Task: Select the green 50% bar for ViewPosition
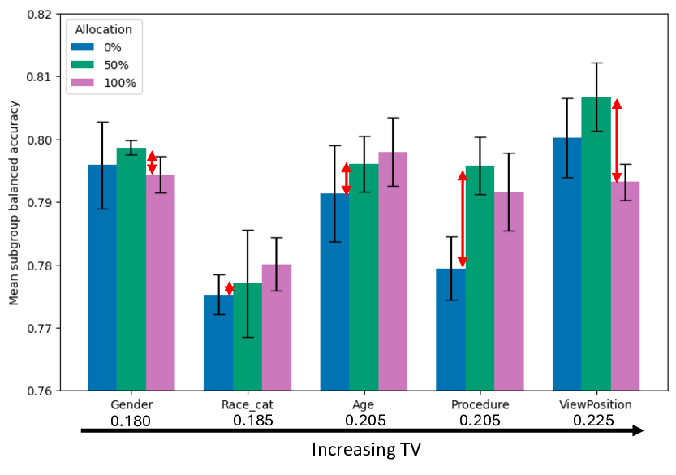[596, 244]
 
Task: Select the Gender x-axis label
[131, 404]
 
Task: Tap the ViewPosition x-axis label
[596, 404]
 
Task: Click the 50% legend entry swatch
[83, 64]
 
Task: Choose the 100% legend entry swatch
[83, 82]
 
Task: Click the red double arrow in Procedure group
[463, 219]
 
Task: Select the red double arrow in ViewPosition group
[617, 140]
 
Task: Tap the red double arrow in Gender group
[152, 162]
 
